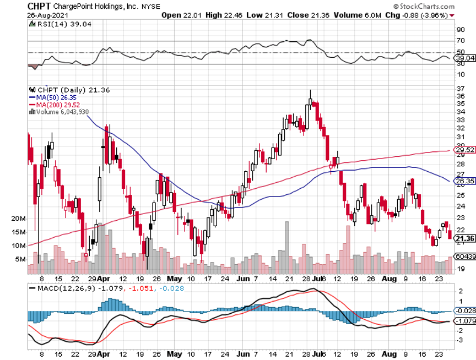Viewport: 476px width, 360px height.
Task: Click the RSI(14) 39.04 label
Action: click(x=56, y=24)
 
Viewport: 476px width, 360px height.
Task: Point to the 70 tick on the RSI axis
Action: click(x=459, y=41)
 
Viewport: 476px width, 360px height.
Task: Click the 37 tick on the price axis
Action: click(x=459, y=88)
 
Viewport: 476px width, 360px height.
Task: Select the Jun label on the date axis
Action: click(x=242, y=279)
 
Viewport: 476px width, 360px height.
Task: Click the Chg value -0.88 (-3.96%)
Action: click(x=427, y=15)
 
